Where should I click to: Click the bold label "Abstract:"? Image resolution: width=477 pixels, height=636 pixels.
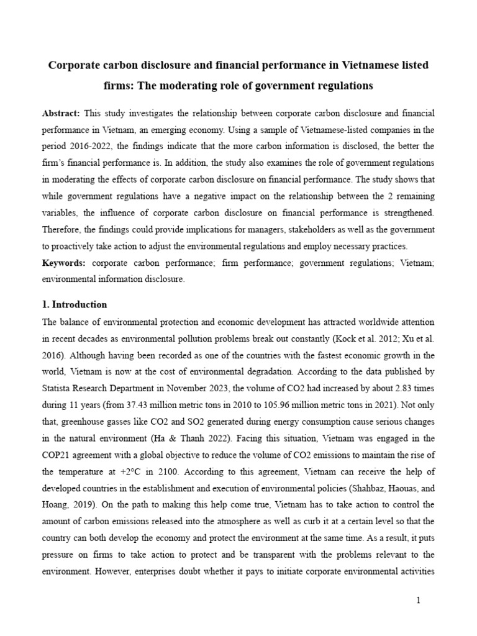click(x=61, y=114)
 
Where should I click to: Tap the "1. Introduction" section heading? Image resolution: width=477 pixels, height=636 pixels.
click(x=75, y=305)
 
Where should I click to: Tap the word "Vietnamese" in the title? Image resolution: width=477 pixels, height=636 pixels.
click(x=356, y=65)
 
